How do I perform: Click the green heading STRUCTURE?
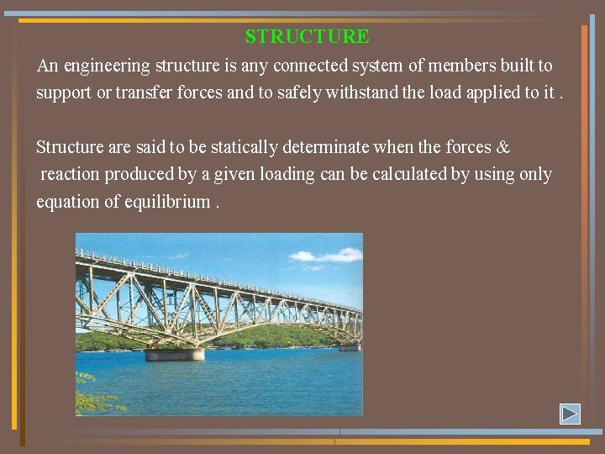tap(307, 37)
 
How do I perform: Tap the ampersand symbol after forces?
tap(503, 148)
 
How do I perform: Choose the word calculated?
tap(391, 175)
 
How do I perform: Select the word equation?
tap(66, 203)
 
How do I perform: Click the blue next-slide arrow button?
tap(571, 414)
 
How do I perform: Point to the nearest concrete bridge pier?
tap(175, 354)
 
